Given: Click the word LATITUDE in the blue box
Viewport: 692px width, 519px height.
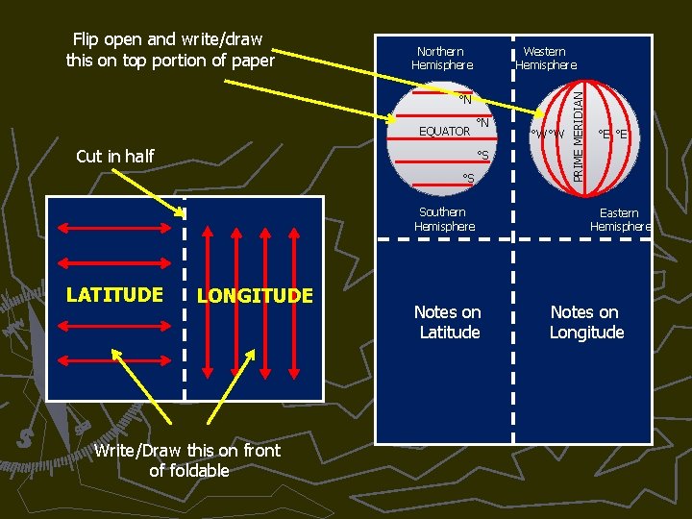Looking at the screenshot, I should point(114,294).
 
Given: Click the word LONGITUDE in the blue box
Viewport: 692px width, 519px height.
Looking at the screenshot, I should point(255,296).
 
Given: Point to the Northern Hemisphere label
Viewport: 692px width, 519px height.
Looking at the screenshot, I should point(442,59).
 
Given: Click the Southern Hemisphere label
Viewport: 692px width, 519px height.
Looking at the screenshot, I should point(444,219).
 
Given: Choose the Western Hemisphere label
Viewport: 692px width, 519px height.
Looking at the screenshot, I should point(546,59).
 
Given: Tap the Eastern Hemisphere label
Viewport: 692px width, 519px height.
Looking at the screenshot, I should point(620,220).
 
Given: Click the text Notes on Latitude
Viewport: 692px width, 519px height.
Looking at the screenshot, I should point(448,322).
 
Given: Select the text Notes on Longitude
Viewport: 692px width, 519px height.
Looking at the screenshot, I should point(585,322).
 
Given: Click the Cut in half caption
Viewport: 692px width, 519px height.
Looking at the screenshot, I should point(114,157).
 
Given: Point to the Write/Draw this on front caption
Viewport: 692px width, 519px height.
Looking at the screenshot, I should point(188,460).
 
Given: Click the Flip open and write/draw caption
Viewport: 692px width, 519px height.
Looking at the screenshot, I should point(169,50).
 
